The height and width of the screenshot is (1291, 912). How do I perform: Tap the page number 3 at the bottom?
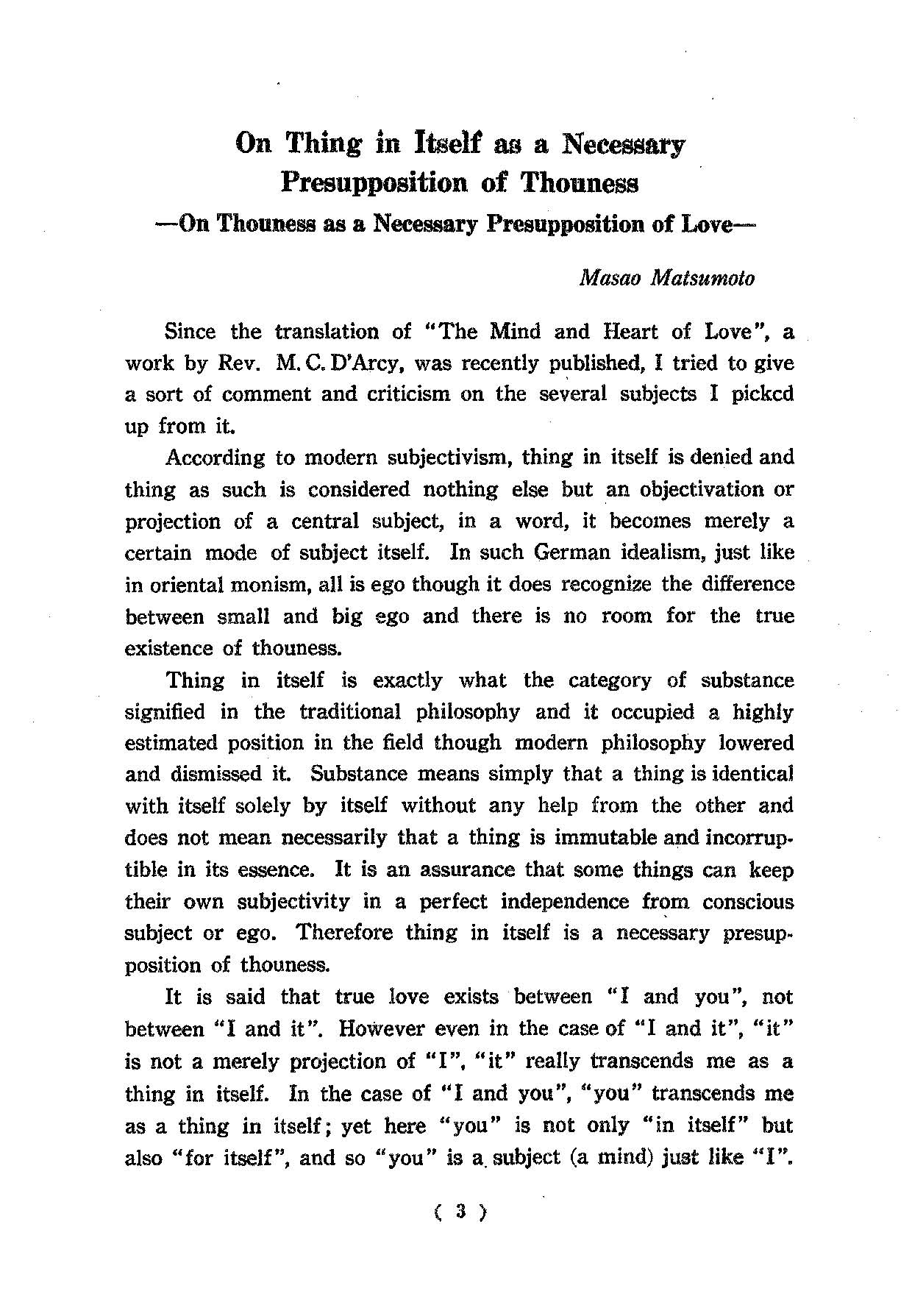[x=460, y=1211]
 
